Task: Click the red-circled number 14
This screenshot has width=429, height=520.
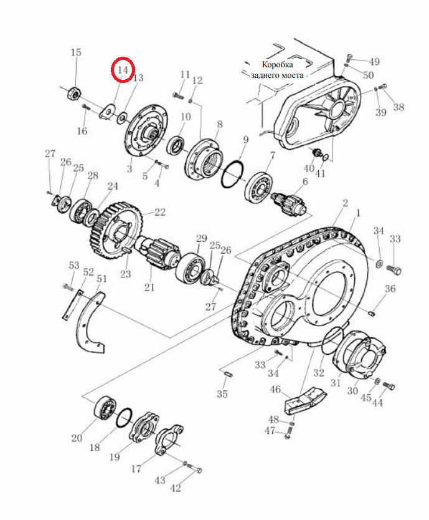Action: (123, 70)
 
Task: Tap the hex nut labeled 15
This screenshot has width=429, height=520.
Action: (75, 92)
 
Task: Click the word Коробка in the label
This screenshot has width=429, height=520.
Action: (277, 64)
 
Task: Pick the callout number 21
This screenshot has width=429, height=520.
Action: (149, 287)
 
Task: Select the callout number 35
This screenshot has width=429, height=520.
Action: (222, 393)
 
